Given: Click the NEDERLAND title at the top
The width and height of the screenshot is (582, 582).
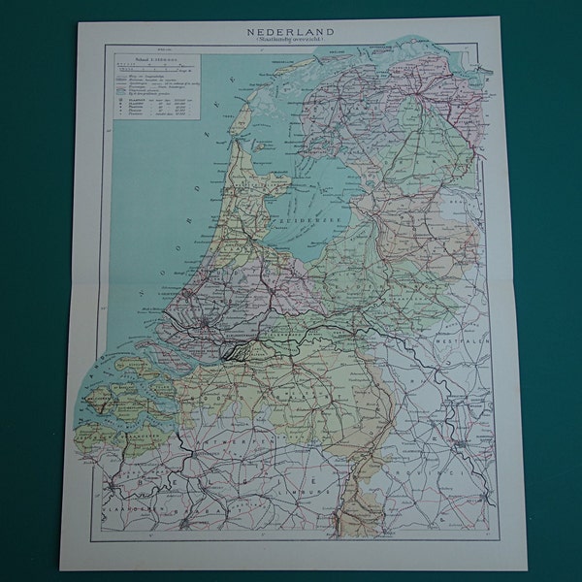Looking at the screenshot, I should click(290, 30).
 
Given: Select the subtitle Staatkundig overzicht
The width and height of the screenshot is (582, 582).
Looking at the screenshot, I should click(290, 41).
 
